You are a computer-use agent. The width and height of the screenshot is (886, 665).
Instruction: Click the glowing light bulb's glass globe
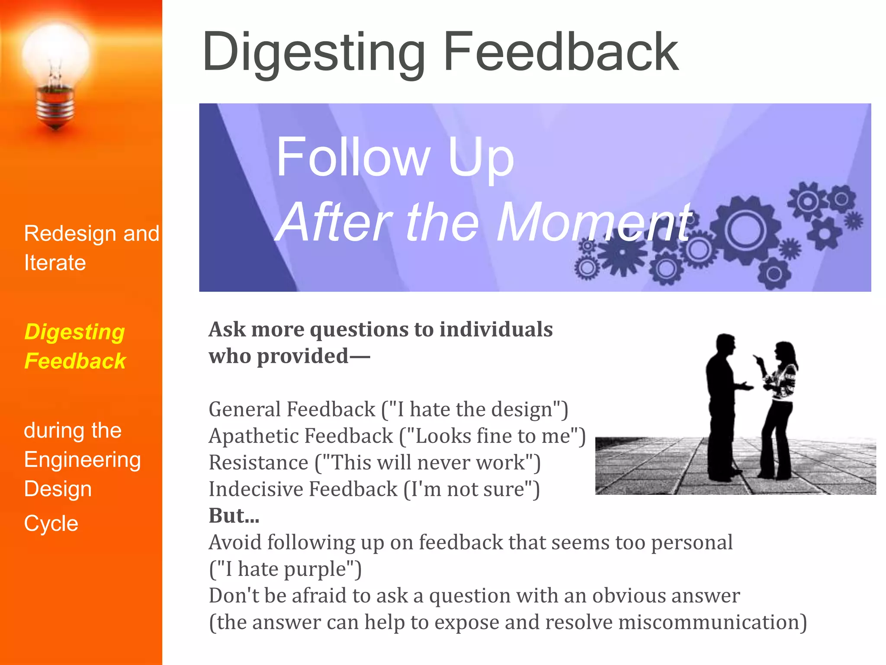click(x=55, y=54)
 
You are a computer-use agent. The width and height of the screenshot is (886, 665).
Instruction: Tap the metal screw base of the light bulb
click(x=55, y=106)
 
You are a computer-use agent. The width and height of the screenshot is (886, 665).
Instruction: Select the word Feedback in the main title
click(x=561, y=52)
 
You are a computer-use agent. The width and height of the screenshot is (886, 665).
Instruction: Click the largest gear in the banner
click(x=745, y=230)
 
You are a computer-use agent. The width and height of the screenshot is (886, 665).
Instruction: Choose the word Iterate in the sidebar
click(x=55, y=263)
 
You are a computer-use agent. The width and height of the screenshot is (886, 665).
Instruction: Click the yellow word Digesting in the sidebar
click(x=74, y=332)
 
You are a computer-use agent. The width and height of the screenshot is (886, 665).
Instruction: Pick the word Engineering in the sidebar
click(x=82, y=460)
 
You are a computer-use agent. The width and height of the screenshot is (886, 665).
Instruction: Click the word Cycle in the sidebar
click(x=51, y=524)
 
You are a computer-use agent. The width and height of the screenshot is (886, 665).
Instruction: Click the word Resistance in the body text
click(x=258, y=463)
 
